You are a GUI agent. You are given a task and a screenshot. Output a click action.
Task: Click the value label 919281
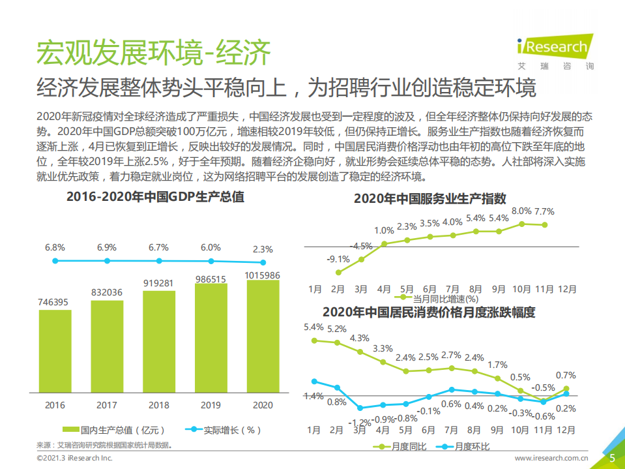coord(159,283)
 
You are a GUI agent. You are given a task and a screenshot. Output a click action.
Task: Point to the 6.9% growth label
coord(107,248)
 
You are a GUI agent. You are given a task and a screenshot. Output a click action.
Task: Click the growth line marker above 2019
coord(211,262)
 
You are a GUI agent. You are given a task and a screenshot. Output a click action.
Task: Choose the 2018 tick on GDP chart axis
coord(159,405)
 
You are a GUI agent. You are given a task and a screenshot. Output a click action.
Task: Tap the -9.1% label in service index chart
coord(338,259)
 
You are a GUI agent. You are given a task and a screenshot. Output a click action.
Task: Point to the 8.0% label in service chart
coord(521,211)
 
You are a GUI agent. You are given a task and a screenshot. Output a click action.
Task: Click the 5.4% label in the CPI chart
coord(313,327)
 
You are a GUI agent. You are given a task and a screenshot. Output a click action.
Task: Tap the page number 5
coord(612,458)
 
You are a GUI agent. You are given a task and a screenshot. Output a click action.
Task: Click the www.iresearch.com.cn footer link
coord(551,459)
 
